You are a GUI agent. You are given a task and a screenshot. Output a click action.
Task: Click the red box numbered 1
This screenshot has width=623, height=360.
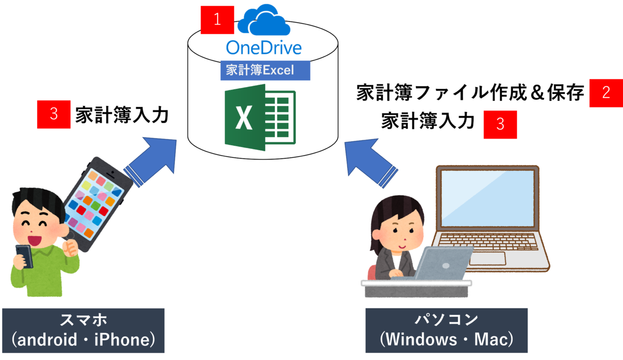217,20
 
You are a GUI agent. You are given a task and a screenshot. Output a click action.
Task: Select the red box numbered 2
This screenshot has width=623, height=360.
606,92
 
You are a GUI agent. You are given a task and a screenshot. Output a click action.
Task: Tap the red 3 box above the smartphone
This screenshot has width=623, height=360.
54,114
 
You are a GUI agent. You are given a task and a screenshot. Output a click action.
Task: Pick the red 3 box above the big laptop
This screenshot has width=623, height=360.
500,125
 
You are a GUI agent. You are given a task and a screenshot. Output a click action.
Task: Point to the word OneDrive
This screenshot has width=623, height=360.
264,48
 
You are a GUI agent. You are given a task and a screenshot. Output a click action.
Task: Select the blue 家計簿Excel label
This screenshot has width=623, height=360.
265,70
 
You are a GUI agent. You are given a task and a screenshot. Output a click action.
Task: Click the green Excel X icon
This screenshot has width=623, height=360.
259,117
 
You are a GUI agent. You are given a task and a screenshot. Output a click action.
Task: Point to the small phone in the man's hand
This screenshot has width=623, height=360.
24,256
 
